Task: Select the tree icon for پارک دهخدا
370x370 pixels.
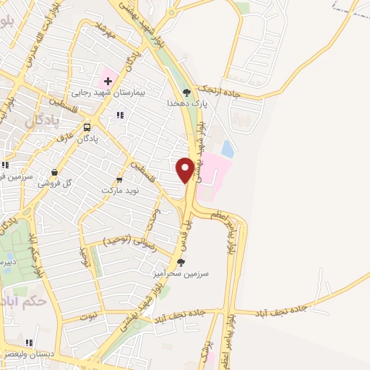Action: (186, 92)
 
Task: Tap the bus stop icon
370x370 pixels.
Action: (87, 127)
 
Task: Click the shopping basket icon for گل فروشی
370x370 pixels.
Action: (55, 172)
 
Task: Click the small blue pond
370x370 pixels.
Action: (228, 149)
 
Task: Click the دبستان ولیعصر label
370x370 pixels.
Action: (29, 354)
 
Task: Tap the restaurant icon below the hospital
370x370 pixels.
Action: (120, 114)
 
